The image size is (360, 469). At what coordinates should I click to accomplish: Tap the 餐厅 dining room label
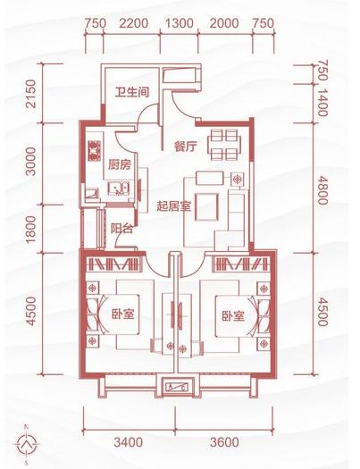click(x=185, y=148)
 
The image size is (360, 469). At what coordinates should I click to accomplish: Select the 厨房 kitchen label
click(x=120, y=164)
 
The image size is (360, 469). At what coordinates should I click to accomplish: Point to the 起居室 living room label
click(x=175, y=205)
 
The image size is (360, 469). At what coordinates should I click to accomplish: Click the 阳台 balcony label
click(x=123, y=229)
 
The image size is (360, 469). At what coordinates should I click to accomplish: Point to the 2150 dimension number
click(x=32, y=94)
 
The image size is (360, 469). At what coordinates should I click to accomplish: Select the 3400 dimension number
click(x=129, y=441)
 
